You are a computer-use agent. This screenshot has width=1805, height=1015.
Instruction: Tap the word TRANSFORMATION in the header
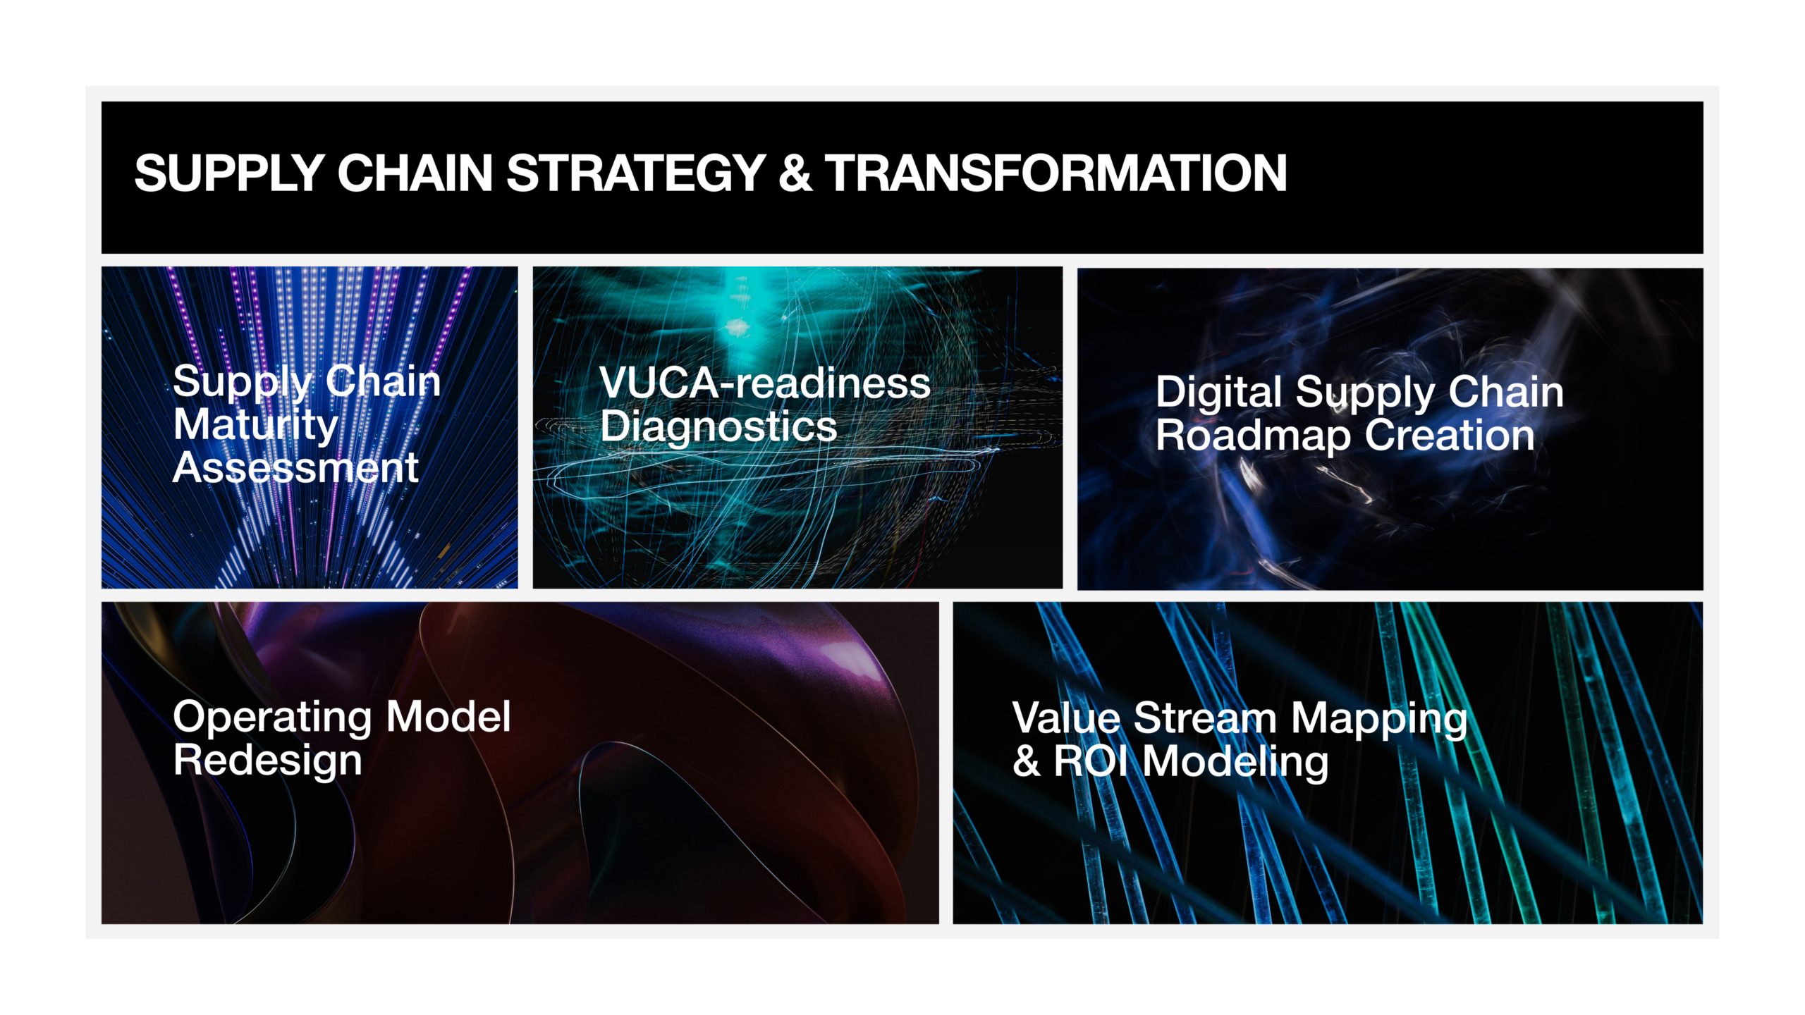1056,173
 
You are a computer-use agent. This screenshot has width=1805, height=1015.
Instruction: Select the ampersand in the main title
795,173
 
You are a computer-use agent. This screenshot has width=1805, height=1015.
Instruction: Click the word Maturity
256,426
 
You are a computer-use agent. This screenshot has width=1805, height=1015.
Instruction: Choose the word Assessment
296,467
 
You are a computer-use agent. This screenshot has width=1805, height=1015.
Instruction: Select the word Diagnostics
718,427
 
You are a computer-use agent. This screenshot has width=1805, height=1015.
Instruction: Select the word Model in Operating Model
448,717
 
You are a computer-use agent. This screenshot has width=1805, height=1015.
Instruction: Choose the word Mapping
1379,720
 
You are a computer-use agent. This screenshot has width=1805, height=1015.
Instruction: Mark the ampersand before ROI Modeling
1027,762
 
